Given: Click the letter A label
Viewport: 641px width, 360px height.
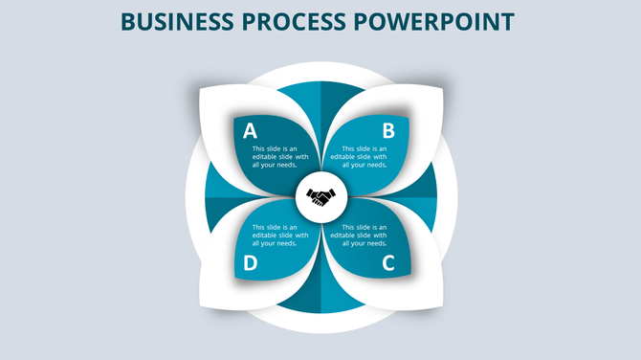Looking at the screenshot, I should tap(250, 131).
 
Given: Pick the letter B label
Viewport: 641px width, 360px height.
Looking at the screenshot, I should tap(388, 131).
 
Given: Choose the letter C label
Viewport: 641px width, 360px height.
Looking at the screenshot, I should tap(388, 262).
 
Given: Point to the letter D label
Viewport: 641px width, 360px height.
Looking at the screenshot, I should tap(250, 263).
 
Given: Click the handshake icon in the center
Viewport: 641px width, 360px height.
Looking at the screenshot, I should tap(320, 198).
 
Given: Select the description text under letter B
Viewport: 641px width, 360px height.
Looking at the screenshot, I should tap(365, 157).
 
